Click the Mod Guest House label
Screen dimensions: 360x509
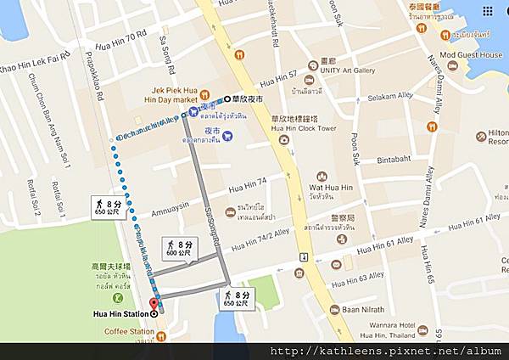(x=471, y=53)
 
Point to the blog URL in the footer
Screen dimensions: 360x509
(x=385, y=351)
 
